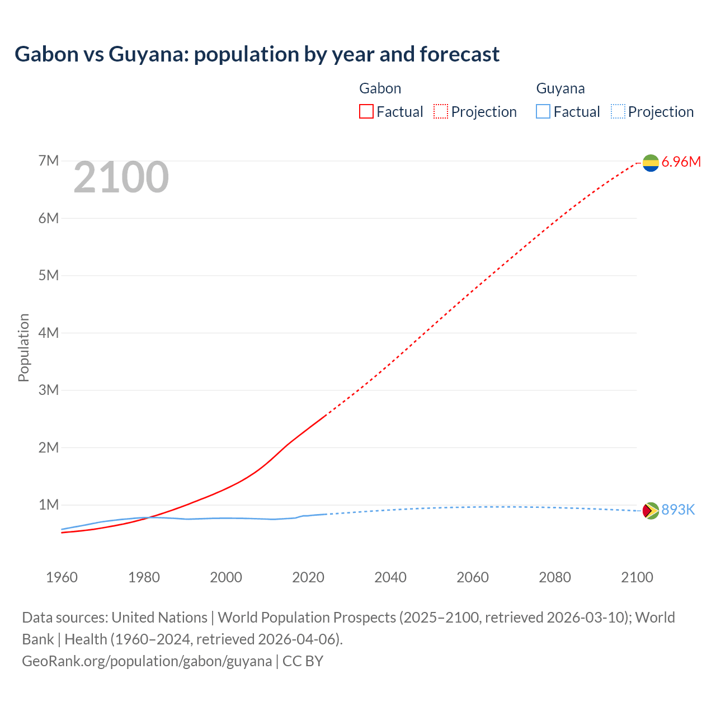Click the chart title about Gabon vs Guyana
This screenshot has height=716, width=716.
tap(257, 54)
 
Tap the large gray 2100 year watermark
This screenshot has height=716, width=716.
tap(121, 177)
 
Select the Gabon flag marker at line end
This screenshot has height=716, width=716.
tap(651, 163)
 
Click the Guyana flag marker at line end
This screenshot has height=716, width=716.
tap(651, 510)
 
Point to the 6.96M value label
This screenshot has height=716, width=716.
tap(681, 162)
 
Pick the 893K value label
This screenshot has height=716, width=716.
tap(678, 510)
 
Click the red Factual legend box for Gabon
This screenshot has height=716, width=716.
tap(366, 112)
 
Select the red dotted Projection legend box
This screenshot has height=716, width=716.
tap(441, 112)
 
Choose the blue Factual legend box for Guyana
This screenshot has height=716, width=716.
tap(543, 112)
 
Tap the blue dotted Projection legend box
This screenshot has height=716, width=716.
tap(618, 112)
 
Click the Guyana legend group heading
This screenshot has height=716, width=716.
tap(560, 88)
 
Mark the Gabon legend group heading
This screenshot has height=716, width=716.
tap(380, 88)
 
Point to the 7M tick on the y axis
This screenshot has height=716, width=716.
tap(49, 161)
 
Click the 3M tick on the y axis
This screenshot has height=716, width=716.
tap(49, 390)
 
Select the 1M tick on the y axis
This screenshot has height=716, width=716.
tap(49, 505)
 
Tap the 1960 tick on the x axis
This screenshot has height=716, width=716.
tap(62, 577)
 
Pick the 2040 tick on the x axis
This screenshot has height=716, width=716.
tap(390, 577)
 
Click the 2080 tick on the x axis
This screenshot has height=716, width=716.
tap(555, 577)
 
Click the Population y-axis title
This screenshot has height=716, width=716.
tap(23, 347)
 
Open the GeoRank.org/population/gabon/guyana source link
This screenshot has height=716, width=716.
tap(147, 661)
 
